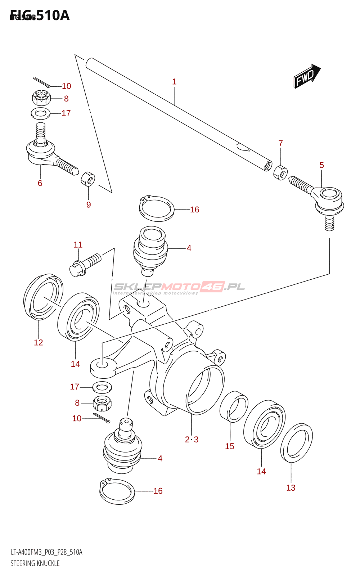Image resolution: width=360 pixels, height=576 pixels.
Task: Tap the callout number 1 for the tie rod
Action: (174, 82)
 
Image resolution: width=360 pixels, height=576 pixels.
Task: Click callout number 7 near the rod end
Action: (281, 143)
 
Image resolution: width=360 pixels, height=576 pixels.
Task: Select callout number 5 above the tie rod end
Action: (321, 165)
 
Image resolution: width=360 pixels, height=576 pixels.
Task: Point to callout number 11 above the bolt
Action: (78, 245)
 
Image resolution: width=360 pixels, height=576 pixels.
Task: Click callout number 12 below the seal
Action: (39, 342)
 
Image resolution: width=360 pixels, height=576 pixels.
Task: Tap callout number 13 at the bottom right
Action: (291, 488)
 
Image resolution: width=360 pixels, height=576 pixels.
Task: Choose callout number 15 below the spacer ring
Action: (230, 446)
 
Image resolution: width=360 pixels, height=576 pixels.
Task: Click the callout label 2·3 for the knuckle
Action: (192, 439)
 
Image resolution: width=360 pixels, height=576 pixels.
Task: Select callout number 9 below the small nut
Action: (89, 205)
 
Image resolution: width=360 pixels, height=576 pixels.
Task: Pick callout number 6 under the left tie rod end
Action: (40, 183)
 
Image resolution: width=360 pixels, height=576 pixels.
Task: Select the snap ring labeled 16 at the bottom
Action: (117, 491)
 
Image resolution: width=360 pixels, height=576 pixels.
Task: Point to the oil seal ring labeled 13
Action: (296, 443)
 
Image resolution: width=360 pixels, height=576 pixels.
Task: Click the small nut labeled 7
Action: (280, 172)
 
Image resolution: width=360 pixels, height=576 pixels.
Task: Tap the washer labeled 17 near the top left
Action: (40, 113)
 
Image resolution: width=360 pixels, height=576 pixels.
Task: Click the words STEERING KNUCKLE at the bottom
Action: (35, 563)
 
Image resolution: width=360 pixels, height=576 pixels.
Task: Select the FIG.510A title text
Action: (40, 15)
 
